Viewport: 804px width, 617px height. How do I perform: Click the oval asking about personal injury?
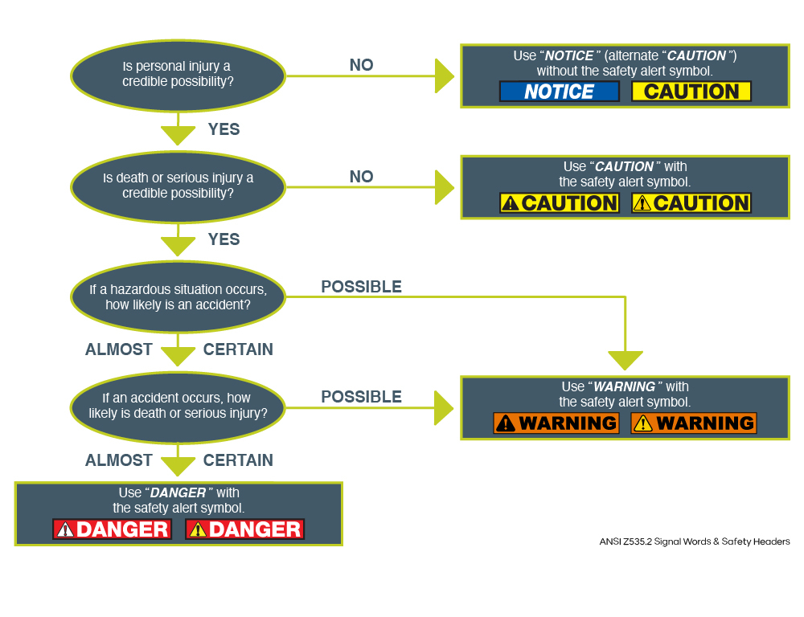pos(178,75)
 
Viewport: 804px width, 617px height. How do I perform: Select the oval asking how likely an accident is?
pos(178,297)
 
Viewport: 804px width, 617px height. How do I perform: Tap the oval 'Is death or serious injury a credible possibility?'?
pos(178,186)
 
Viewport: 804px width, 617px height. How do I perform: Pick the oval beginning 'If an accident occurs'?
pos(178,406)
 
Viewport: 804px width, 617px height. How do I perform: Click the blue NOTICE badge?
pos(559,92)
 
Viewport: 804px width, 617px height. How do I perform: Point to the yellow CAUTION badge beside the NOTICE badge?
pos(691,92)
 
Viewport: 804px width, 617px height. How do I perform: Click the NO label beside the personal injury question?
pos(361,65)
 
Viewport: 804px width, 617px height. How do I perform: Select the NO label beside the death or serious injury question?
pos(361,177)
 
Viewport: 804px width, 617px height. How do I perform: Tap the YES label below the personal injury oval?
pos(224,129)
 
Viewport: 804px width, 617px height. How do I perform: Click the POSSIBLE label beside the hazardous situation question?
pos(361,287)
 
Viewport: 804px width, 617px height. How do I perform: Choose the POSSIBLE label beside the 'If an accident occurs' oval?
pos(361,397)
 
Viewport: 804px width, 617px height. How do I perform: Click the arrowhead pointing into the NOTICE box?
pos(444,76)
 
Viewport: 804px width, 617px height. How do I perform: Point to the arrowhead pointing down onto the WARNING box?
pos(625,360)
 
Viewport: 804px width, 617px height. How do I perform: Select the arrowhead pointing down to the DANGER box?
pos(178,466)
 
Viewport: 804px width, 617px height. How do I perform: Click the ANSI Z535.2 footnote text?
pos(695,541)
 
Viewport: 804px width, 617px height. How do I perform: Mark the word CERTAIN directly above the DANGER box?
pos(238,460)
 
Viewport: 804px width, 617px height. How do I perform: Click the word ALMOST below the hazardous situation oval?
pos(119,349)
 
